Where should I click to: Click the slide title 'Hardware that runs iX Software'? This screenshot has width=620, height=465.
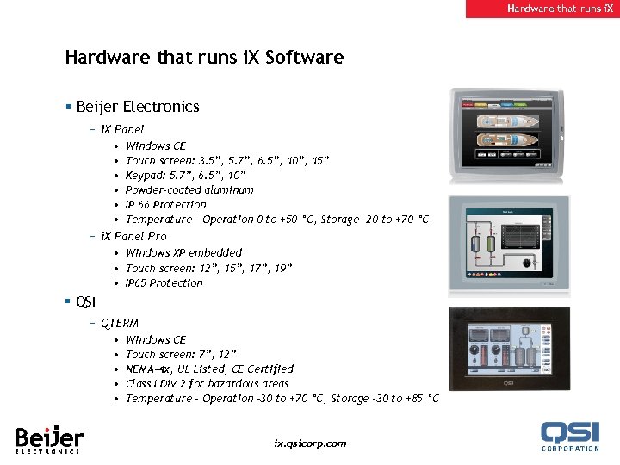[x=204, y=58]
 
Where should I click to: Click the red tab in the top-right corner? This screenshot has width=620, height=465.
[x=542, y=9]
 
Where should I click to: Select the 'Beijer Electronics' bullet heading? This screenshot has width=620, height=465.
[x=137, y=107]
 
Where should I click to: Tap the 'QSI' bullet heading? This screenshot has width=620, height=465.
[x=85, y=301]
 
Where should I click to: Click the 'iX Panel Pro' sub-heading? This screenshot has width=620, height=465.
[x=133, y=236]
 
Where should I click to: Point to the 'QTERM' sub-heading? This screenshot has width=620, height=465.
[x=119, y=323]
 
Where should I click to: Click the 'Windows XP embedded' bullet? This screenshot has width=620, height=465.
[x=183, y=252]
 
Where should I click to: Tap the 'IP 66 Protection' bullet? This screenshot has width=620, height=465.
[x=166, y=204]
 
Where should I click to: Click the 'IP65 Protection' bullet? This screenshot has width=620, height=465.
[x=164, y=282]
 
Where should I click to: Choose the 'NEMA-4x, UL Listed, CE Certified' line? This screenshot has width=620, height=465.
[x=209, y=369]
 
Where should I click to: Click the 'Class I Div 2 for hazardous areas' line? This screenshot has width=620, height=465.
[x=207, y=383]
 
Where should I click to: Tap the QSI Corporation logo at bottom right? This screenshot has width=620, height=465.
[x=570, y=436]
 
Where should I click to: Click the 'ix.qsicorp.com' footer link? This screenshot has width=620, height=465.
[x=310, y=443]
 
